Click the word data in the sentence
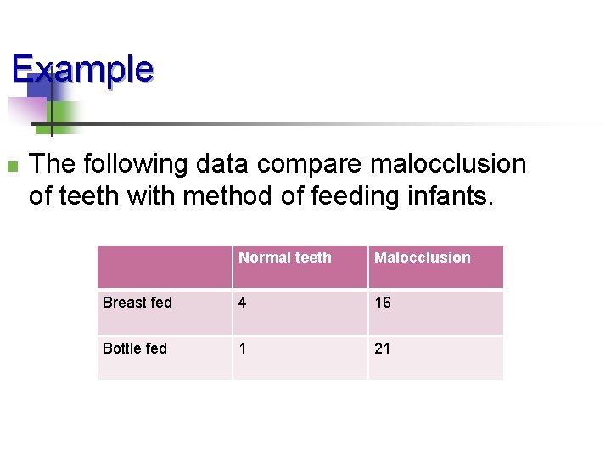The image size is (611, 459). tap(224, 163)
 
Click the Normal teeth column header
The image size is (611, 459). tap(285, 258)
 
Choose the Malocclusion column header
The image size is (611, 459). tap(423, 258)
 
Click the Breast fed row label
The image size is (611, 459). tap(137, 303)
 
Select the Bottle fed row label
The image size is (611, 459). tap(134, 348)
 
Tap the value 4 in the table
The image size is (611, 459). tap(244, 303)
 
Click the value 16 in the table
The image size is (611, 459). tap(383, 303)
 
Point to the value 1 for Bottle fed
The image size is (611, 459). tap(244, 348)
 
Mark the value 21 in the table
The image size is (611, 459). tap(383, 348)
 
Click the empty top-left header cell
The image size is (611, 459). tap(165, 266)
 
